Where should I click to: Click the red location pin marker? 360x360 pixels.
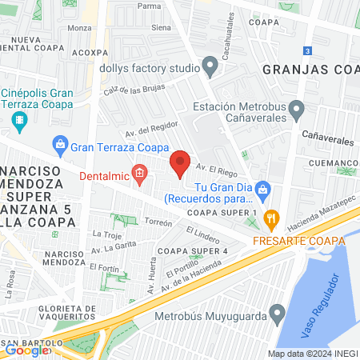pyautogui.click(x=181, y=164)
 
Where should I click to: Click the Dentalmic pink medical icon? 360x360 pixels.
pyautogui.click(x=140, y=173)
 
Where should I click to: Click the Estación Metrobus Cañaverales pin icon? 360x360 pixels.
pyautogui.click(x=297, y=107)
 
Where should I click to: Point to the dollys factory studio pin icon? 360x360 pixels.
pyautogui.click(x=210, y=65)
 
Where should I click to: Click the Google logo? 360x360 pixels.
pyautogui.click(x=27, y=350)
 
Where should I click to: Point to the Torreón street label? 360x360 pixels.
pyautogui.click(x=158, y=222)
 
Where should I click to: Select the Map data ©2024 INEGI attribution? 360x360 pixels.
pyautogui.click(x=313, y=354)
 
